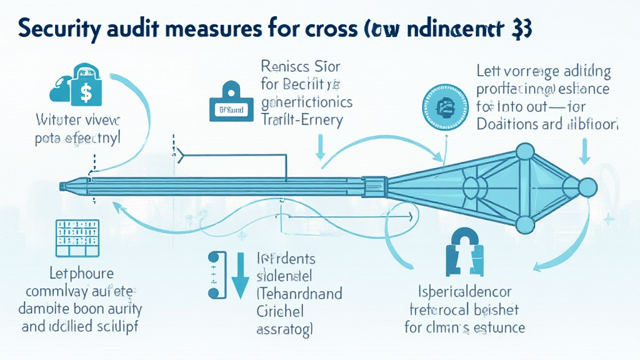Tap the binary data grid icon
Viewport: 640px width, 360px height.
click(x=77, y=237)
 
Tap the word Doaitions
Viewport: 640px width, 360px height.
click(x=507, y=124)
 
